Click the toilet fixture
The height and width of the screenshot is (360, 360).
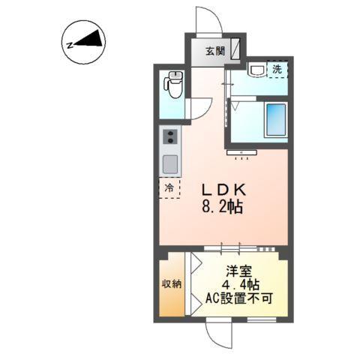click(x=175, y=85)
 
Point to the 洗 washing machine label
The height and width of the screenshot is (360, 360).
click(x=277, y=70)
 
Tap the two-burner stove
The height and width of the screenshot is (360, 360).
click(x=170, y=136)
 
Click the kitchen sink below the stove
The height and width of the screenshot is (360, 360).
click(x=170, y=163)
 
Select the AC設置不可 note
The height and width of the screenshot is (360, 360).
click(x=240, y=298)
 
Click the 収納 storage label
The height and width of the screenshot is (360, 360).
click(x=170, y=284)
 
